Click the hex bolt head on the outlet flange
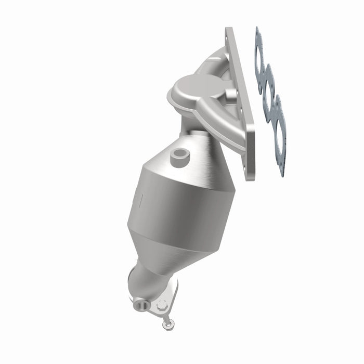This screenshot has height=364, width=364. click(162, 306)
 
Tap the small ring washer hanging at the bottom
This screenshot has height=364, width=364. click(167, 325)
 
